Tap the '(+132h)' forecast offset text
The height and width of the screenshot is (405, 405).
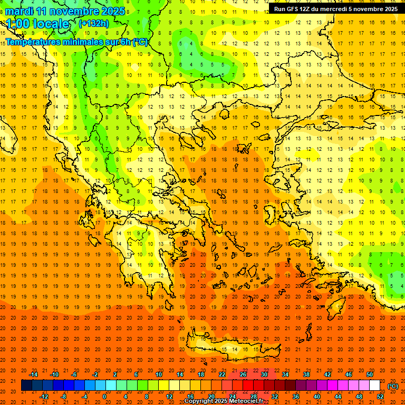(94, 23)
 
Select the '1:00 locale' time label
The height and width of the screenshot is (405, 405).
(37, 24)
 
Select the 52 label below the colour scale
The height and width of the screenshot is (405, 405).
(380, 397)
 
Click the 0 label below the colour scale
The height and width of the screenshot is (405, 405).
(105, 397)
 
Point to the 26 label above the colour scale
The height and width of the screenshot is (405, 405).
(243, 374)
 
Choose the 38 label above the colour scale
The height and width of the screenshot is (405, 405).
(306, 374)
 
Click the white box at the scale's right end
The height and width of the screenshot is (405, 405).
(375, 385)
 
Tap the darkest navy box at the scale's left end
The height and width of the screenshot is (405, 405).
(26, 385)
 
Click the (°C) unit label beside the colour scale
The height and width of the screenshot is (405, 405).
(393, 386)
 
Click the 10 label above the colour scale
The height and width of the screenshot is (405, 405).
(159, 374)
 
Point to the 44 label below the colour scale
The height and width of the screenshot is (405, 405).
(338, 397)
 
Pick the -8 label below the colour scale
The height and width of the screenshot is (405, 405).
(64, 397)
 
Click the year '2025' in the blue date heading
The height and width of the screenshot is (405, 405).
(113, 11)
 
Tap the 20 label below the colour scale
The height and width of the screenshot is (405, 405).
(211, 397)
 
